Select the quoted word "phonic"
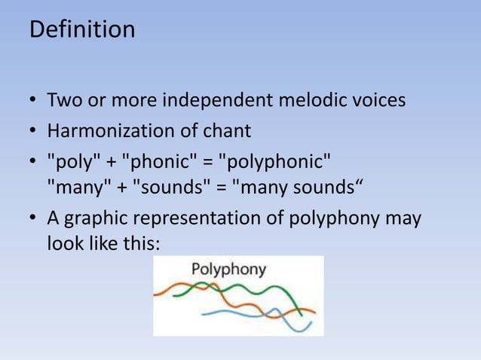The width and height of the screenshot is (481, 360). (x=158, y=162)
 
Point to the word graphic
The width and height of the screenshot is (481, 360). (x=97, y=219)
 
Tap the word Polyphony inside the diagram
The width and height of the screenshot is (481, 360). (x=228, y=270)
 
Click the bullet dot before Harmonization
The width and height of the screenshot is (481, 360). (x=34, y=132)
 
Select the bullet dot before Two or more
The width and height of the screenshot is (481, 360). (x=34, y=101)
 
